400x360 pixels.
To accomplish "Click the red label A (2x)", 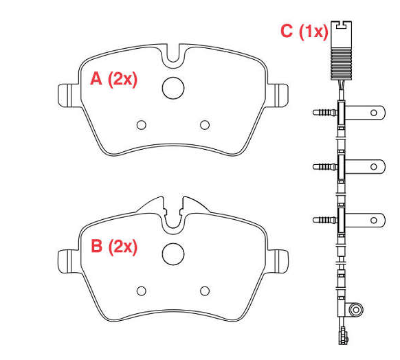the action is pos(114,79).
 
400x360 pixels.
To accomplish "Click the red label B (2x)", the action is pos(114,247).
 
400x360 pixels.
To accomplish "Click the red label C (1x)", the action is pos(304,32).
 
